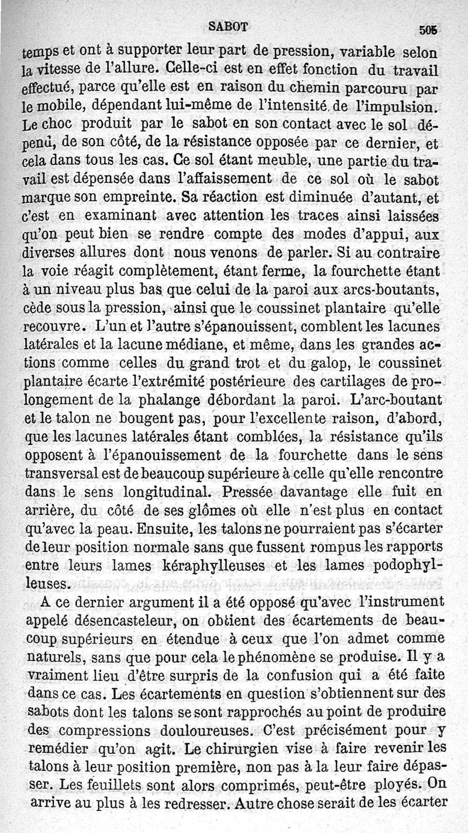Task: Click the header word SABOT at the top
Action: pos(229,26)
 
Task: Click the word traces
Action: pos(333,216)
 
